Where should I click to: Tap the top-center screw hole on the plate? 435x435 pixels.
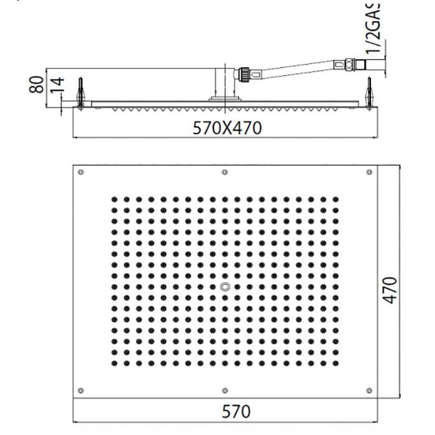(224, 172)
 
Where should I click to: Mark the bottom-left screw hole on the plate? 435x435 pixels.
(81, 390)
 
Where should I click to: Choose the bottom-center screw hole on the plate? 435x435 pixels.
(224, 390)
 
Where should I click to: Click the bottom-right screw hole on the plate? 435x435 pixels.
(368, 390)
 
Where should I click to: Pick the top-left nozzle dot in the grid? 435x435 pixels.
(115, 199)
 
